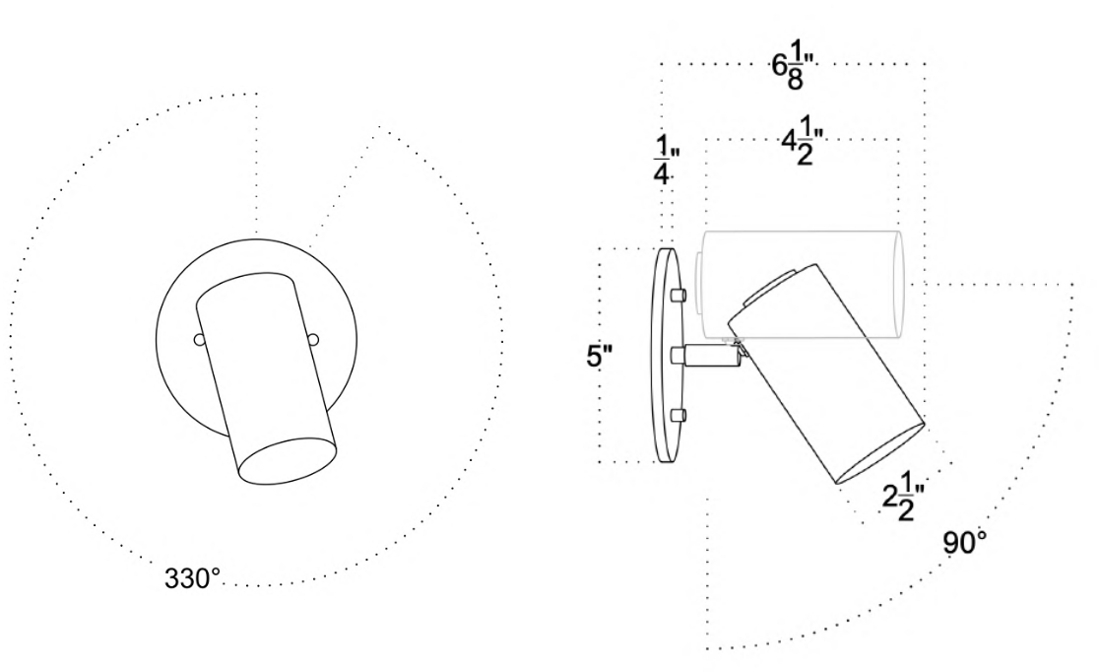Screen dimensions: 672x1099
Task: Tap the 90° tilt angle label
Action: coord(966,543)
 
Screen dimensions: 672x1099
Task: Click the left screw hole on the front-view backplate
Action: coord(199,340)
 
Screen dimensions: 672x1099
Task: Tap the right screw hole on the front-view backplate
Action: coord(313,340)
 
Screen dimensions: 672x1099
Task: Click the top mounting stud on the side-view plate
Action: coord(677,295)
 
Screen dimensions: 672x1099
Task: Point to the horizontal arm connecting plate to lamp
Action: coord(709,356)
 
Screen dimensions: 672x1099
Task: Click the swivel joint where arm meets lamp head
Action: coord(738,347)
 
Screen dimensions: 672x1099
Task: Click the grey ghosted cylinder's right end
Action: coord(898,281)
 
